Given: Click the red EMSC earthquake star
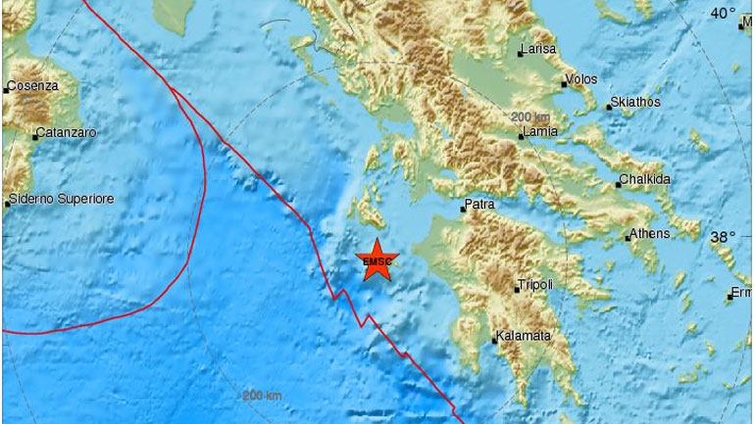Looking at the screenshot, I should (x=375, y=260).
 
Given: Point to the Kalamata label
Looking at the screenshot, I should (x=525, y=336).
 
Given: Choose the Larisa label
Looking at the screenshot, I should (x=538, y=49).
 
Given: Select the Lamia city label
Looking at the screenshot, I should (x=540, y=131).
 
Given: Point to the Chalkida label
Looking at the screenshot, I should (x=644, y=181).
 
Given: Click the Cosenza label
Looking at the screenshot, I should (x=32, y=86).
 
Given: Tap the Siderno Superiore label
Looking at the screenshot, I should (x=61, y=199).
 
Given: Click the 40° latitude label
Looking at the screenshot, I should (x=724, y=14).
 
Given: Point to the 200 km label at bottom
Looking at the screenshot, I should (x=262, y=396).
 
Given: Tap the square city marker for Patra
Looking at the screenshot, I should (x=464, y=209).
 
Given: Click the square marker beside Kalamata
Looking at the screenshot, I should (x=494, y=341).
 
